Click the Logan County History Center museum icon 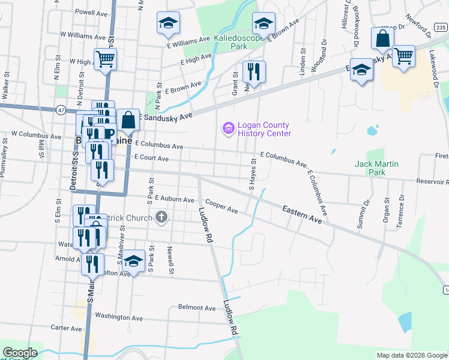(x=228, y=128)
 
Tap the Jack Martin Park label (x=376, y=167)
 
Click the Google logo (x=20, y=353)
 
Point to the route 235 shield (x=441, y=27)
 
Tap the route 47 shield (x=61, y=110)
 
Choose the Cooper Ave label (x=221, y=206)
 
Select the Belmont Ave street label (x=196, y=308)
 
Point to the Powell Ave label (x=91, y=11)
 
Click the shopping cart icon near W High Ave (x=105, y=59)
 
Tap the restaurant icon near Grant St (x=254, y=71)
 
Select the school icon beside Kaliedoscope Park (x=263, y=24)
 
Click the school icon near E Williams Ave (x=168, y=23)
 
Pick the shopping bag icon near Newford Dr (x=382, y=39)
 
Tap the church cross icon (x=161, y=217)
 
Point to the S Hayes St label (x=253, y=174)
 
